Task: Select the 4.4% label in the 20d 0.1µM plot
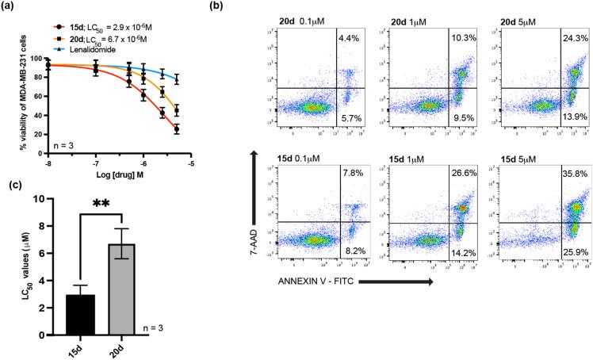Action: pyautogui.click(x=350, y=37)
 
